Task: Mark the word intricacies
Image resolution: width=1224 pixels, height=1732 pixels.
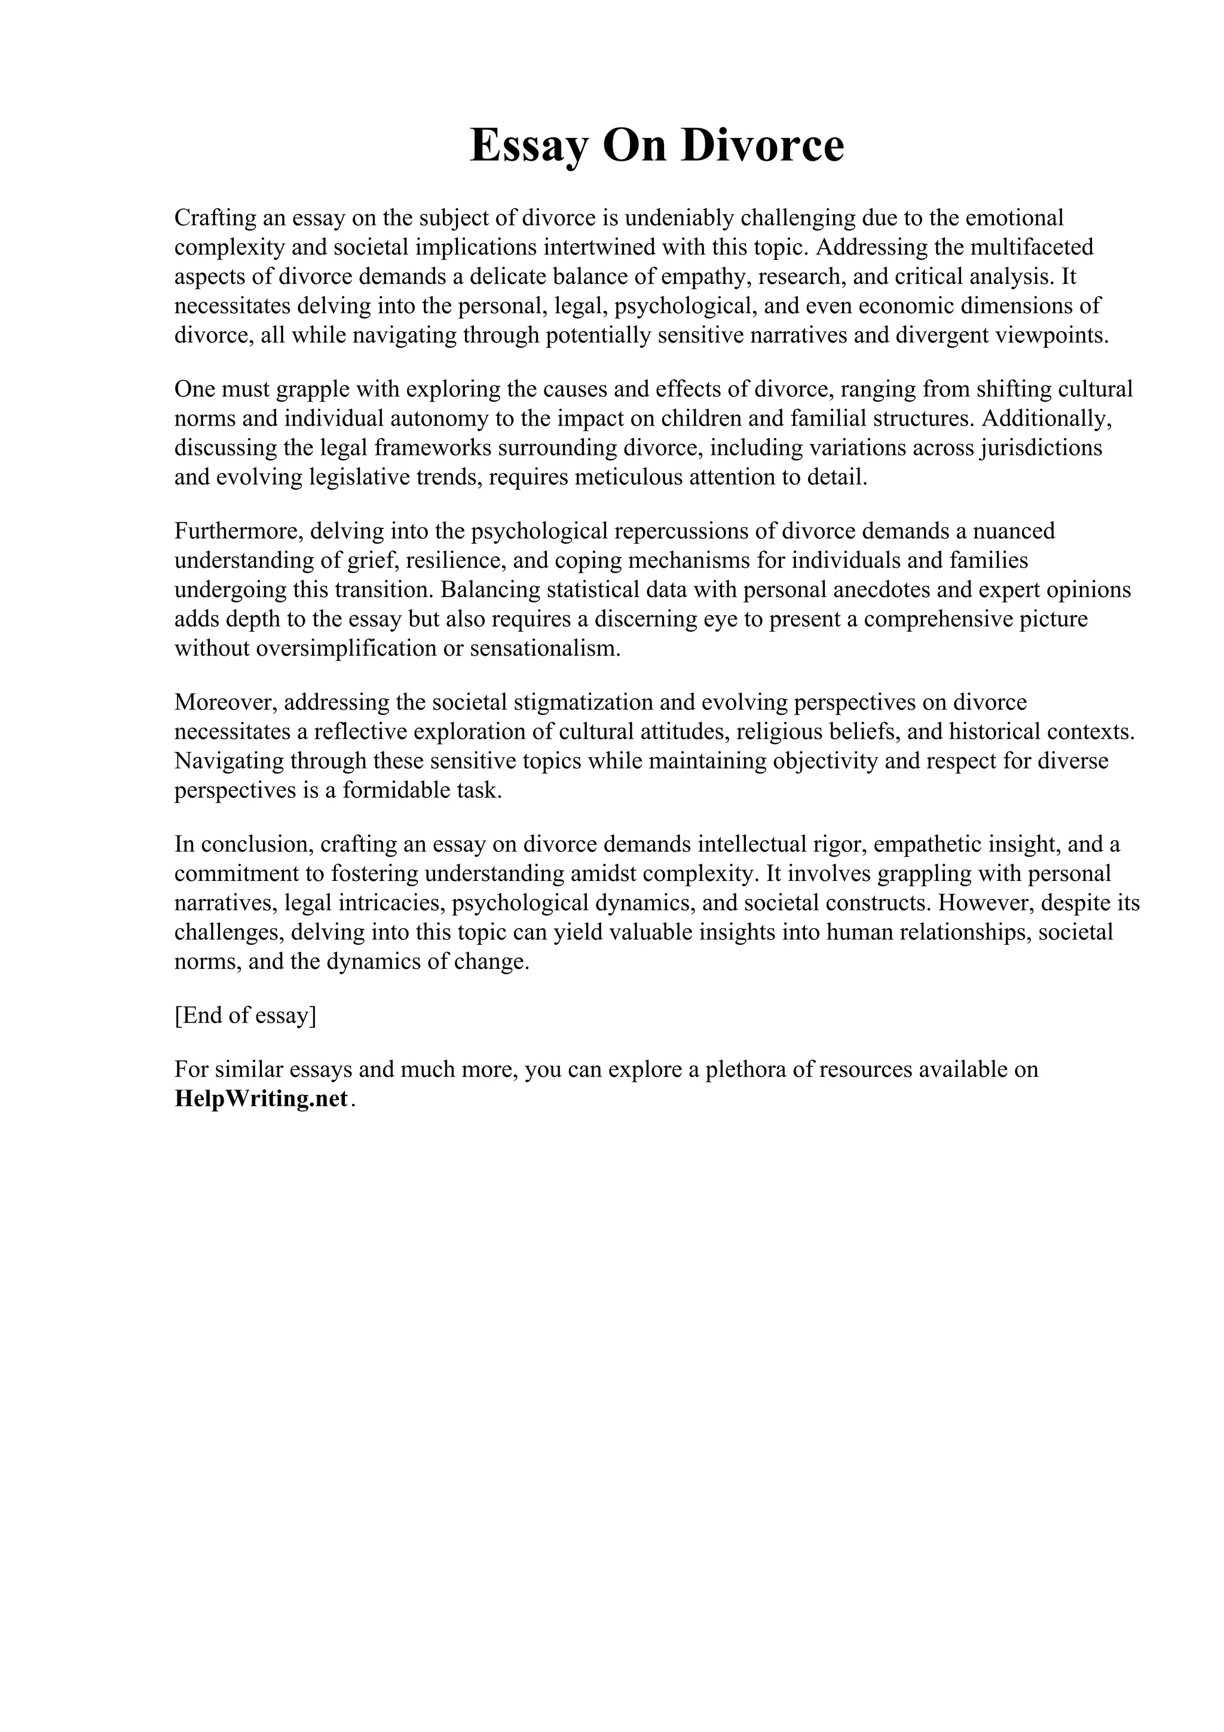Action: tap(391, 903)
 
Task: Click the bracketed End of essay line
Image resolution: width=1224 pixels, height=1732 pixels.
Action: tap(245, 1015)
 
